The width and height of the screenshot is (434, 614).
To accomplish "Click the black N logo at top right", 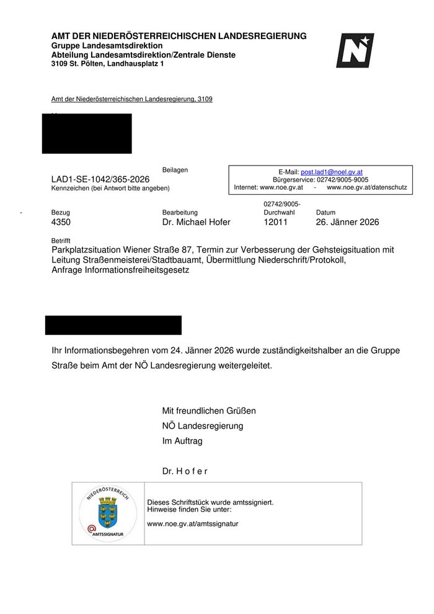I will click(x=355, y=50).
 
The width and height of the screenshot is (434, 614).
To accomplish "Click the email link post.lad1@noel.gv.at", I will click(x=332, y=172).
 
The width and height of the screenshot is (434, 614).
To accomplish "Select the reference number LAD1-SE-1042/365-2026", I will click(x=100, y=179).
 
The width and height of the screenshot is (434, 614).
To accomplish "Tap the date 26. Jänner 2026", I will click(x=347, y=222).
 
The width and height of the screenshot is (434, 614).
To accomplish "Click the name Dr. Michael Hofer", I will click(x=196, y=222).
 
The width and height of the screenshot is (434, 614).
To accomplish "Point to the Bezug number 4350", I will click(x=62, y=222).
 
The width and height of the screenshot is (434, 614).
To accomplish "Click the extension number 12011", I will click(x=275, y=222).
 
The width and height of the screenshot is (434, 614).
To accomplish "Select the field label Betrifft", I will click(x=61, y=240).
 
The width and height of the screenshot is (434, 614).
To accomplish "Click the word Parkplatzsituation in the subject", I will click(x=87, y=249).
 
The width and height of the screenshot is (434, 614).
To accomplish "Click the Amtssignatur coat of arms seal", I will click(x=107, y=513).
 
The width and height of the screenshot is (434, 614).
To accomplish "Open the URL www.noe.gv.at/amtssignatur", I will click(x=192, y=523).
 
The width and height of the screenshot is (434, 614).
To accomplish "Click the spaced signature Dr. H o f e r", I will click(x=185, y=471).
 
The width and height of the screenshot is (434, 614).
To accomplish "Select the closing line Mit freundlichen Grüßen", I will click(x=209, y=411).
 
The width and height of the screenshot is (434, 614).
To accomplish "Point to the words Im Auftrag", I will click(x=182, y=441).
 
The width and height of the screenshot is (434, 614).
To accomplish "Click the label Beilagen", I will click(x=175, y=170).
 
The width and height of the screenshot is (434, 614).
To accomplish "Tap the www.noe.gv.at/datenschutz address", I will click(x=366, y=187).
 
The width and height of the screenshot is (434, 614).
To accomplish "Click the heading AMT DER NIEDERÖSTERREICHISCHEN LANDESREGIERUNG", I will click(x=179, y=36).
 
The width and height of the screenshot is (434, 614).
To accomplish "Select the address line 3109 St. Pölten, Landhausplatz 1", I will click(x=108, y=64).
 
